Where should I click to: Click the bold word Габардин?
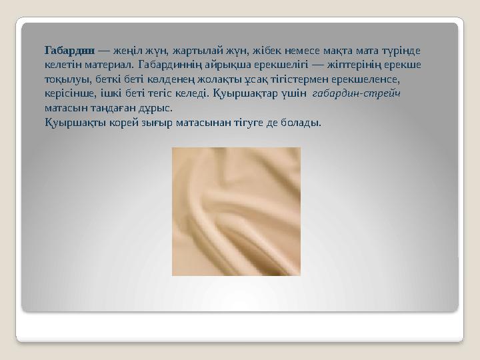(69, 50)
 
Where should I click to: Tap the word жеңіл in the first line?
(126, 50)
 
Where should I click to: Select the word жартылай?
(193, 50)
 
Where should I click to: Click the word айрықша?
(211, 65)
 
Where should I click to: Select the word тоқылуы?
(65, 79)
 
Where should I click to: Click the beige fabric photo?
(236, 211)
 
